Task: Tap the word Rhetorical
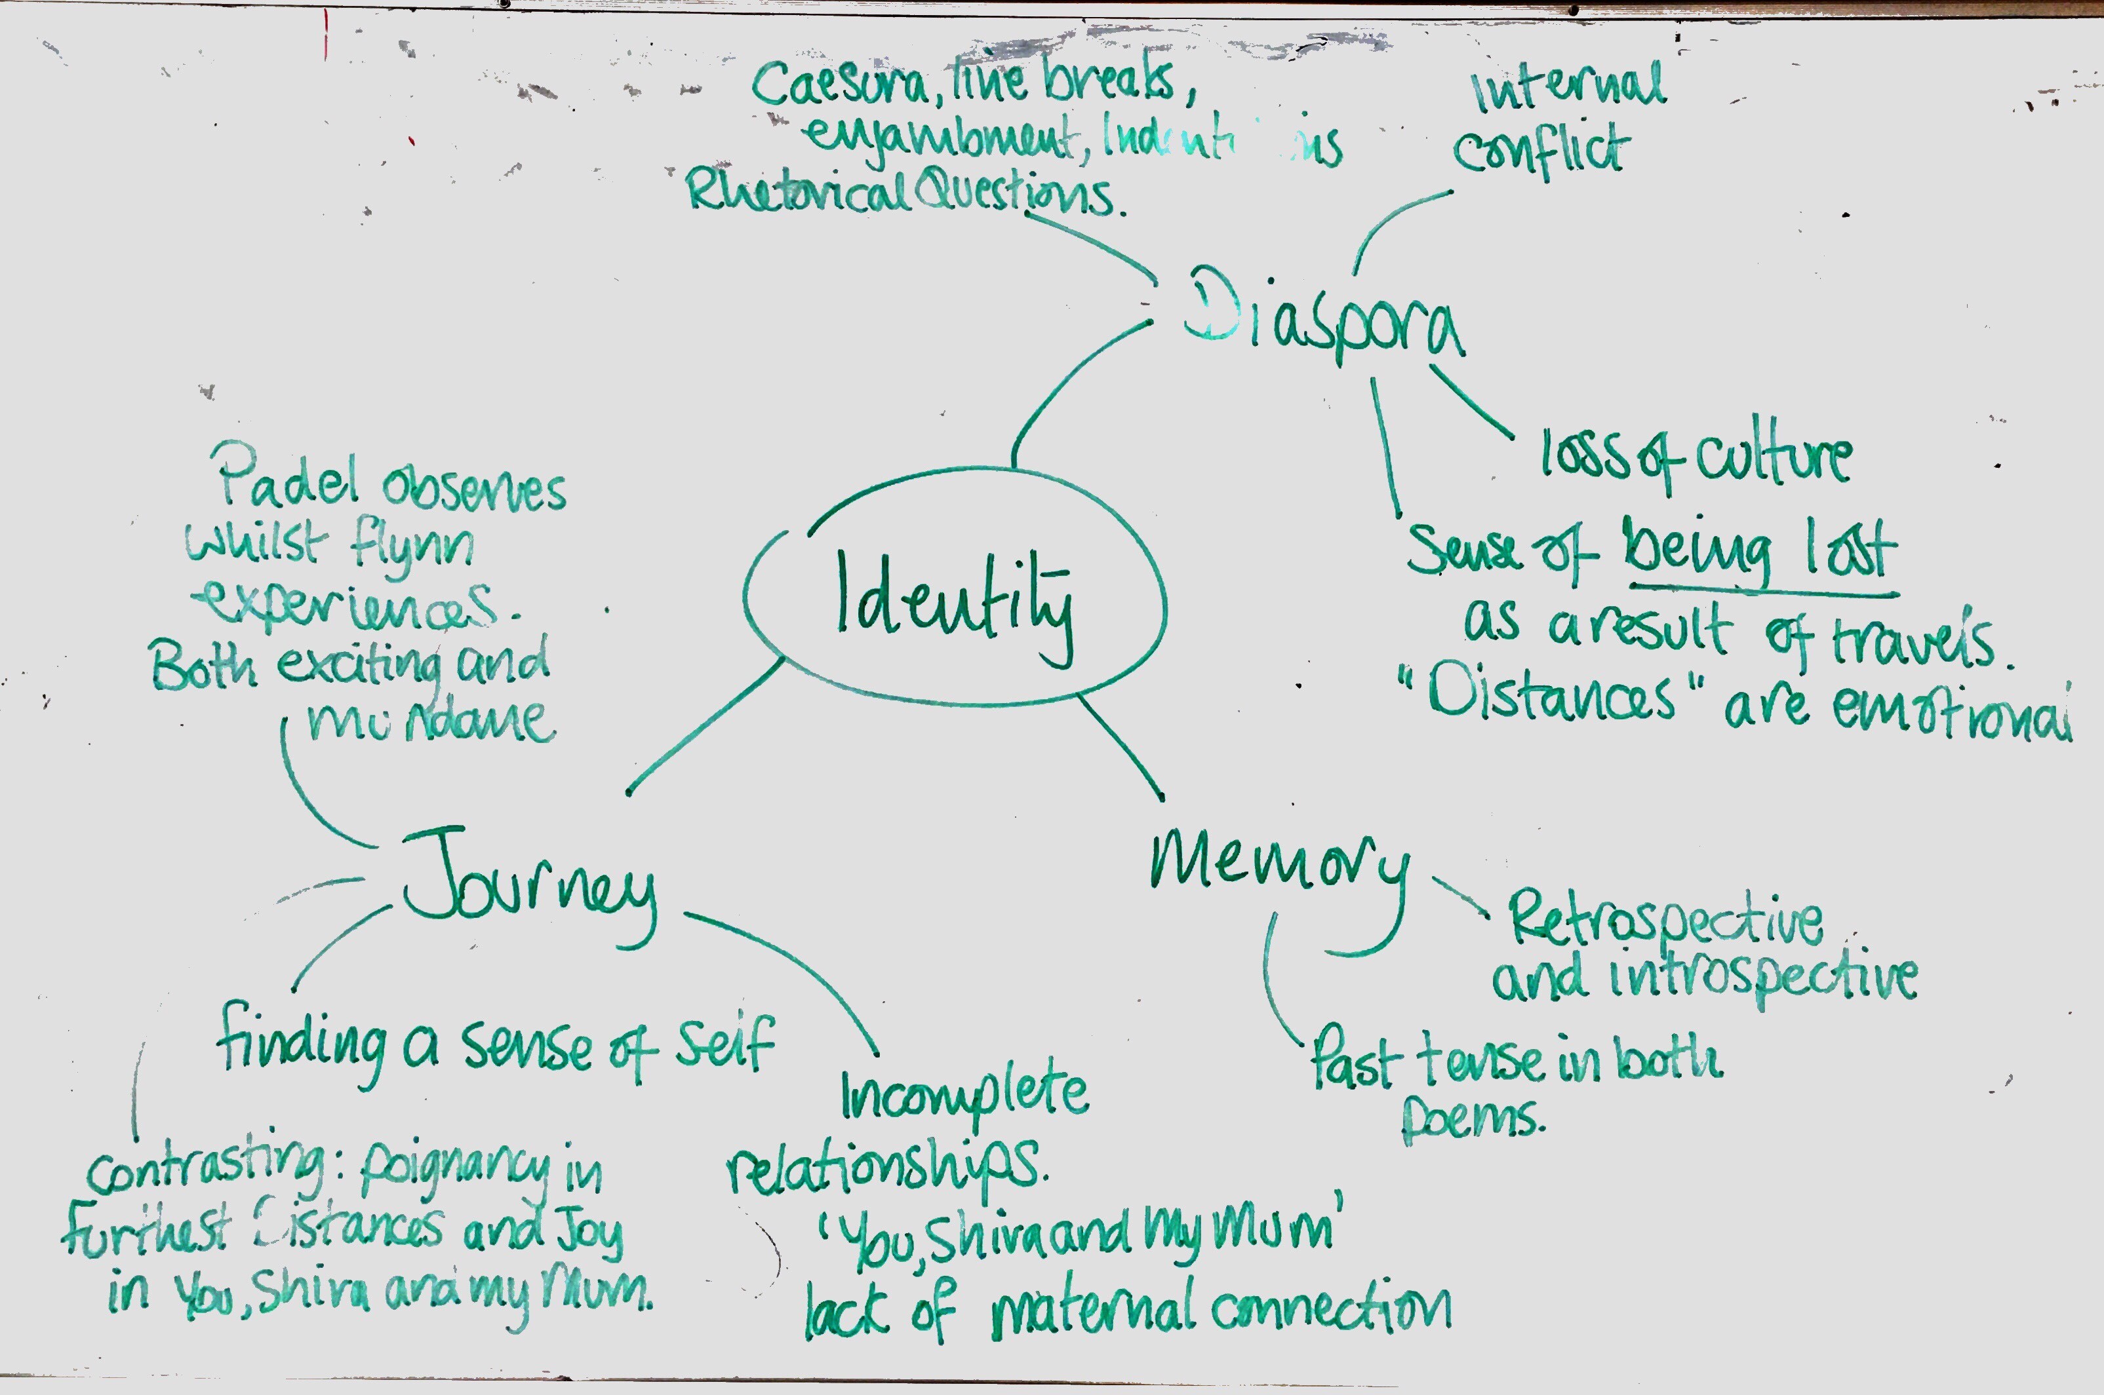click(x=797, y=191)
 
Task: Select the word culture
click(x=1774, y=457)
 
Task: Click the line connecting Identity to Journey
click(x=705, y=725)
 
